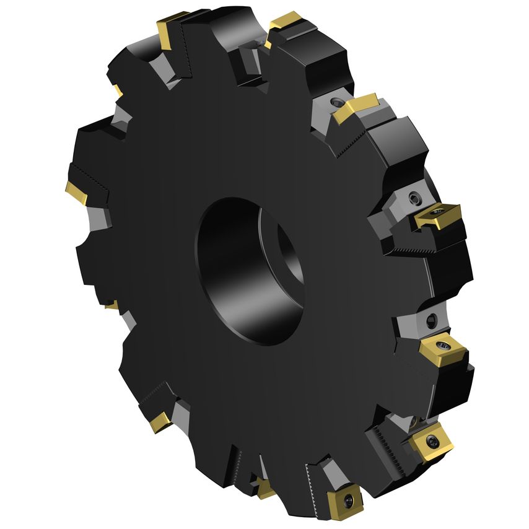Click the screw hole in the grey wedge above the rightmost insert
click(x=414, y=198)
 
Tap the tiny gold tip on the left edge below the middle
click(x=111, y=305)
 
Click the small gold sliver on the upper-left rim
click(x=118, y=91)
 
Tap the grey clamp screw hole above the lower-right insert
click(x=432, y=320)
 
